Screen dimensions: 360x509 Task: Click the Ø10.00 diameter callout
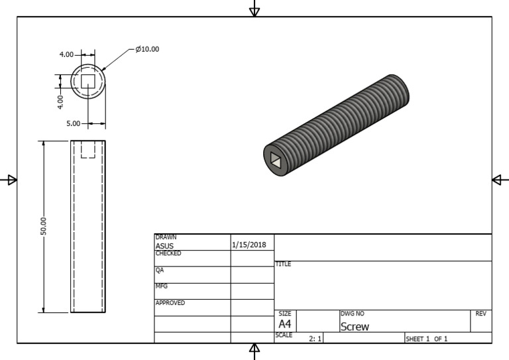(147, 49)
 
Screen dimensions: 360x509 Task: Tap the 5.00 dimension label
(73, 123)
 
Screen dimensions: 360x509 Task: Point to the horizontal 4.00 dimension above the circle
(66, 54)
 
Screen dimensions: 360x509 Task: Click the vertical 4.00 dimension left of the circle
(60, 101)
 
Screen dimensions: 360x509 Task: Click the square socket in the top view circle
(88, 81)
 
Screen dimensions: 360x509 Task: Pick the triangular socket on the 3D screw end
(275, 159)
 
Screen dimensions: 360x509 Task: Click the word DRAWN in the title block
(166, 237)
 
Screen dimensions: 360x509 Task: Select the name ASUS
(164, 246)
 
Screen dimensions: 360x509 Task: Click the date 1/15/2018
(249, 245)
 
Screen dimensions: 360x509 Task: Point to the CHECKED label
(168, 253)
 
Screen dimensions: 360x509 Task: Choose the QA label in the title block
(159, 270)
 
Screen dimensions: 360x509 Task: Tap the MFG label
(161, 286)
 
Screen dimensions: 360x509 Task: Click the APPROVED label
(170, 303)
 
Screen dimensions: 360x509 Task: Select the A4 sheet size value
(284, 324)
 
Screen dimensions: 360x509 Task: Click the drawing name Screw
(355, 326)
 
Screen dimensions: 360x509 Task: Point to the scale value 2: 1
(315, 339)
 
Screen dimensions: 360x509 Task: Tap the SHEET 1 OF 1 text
(426, 339)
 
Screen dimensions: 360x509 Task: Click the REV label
(481, 314)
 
